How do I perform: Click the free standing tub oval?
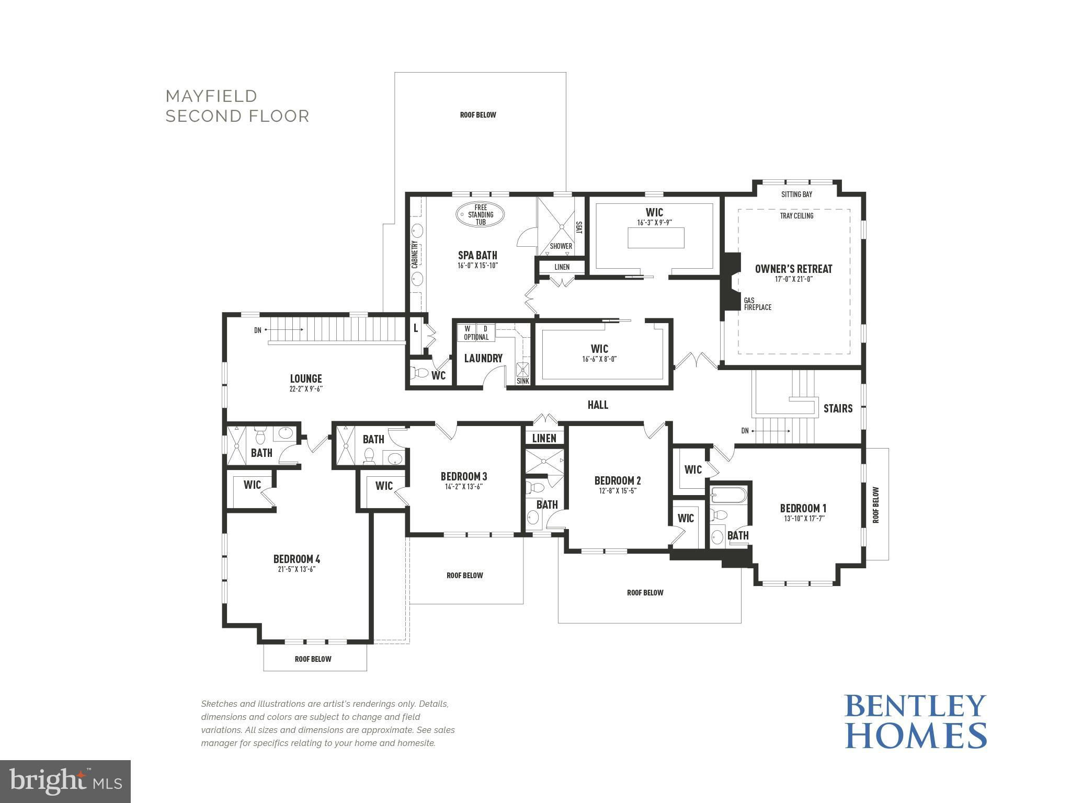[x=480, y=215]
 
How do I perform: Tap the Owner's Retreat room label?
[x=793, y=269]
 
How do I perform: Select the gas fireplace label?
[x=757, y=304]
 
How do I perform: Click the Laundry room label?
[x=483, y=358]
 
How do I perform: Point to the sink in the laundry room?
[x=523, y=370]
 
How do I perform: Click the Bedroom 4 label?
[x=296, y=559]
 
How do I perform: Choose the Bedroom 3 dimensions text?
[x=463, y=487]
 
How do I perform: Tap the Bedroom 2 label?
[x=617, y=480]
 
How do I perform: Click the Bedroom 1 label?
[x=803, y=508]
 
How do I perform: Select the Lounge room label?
[x=306, y=378]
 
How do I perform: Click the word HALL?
[x=598, y=405]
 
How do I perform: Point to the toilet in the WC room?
[x=419, y=374]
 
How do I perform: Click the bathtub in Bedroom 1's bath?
[x=729, y=495]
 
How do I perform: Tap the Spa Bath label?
[x=477, y=255]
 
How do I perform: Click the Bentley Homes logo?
[x=916, y=721]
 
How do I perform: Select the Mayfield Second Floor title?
[x=237, y=106]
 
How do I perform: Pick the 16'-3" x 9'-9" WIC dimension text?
[x=654, y=222]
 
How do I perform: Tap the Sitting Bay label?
[x=796, y=194]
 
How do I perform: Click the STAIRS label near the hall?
[x=838, y=408]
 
